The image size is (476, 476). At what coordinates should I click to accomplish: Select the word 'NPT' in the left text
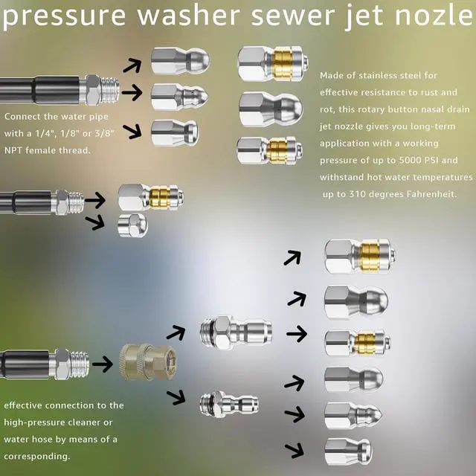15,149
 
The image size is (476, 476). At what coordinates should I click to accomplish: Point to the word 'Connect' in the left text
23,117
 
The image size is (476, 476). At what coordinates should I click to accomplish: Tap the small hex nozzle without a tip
133,224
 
